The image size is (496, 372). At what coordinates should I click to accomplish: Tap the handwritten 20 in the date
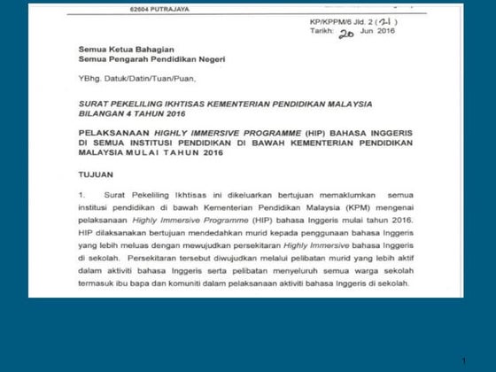(x=346, y=32)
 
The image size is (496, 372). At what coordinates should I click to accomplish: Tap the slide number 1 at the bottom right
(x=463, y=361)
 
